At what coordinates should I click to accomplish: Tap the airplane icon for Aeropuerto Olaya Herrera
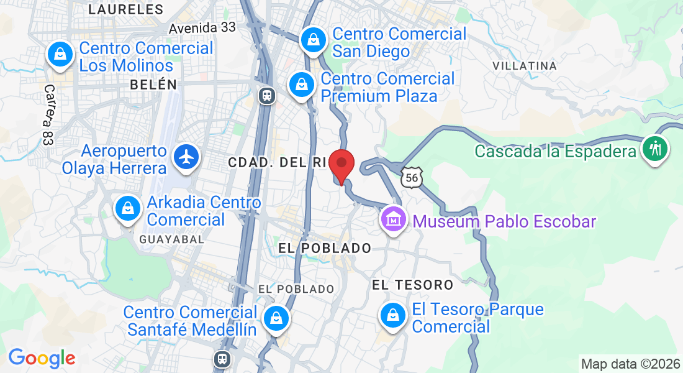point(186,157)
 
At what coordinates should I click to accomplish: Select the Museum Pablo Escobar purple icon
point(393,219)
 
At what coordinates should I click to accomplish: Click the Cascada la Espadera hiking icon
point(656,149)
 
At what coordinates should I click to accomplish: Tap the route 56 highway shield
point(411,178)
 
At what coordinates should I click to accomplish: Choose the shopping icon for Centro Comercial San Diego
point(314,40)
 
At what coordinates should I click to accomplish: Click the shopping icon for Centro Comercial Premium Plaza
point(302,85)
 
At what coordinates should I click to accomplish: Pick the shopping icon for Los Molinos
point(60,55)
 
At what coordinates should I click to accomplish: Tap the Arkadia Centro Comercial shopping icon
point(127,209)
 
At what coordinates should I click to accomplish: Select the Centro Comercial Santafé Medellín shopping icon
point(275,318)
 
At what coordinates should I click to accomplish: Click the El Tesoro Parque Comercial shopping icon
point(392,316)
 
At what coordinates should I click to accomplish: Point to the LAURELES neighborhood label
point(126,9)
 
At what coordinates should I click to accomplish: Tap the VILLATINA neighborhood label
point(524,65)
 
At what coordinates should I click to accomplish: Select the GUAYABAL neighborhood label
point(164,239)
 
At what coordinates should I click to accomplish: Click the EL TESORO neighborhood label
point(412,285)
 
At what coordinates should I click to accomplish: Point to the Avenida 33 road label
point(202,28)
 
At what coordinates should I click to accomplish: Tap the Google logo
point(42,358)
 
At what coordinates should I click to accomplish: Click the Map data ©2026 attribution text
point(630,364)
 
